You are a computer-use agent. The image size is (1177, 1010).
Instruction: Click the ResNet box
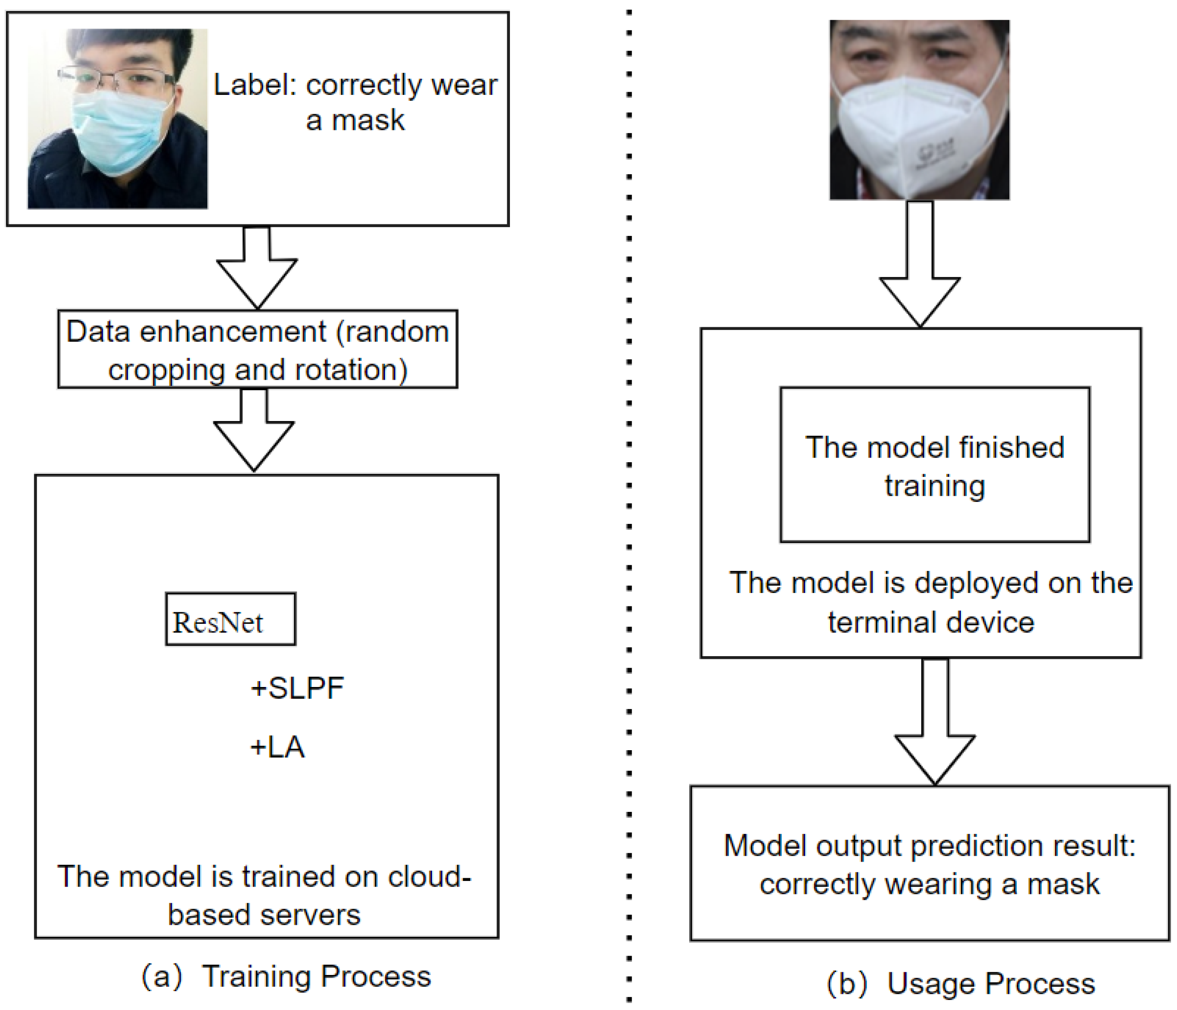(230, 619)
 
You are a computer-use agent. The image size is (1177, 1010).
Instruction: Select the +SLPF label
(297, 688)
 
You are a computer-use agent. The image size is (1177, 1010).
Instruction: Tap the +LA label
(278, 747)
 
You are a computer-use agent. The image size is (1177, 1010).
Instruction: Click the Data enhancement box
(258, 349)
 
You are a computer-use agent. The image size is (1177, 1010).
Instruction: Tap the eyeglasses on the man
(117, 78)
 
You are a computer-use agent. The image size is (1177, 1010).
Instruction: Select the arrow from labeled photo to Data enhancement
(257, 267)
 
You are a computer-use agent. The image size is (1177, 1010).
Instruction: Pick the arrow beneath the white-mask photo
(919, 264)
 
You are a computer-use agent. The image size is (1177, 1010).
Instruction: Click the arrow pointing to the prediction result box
(935, 722)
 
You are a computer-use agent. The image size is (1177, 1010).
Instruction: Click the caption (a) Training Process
(286, 976)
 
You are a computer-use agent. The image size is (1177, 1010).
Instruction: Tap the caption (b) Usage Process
(960, 983)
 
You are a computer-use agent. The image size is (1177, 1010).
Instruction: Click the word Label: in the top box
(255, 85)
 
